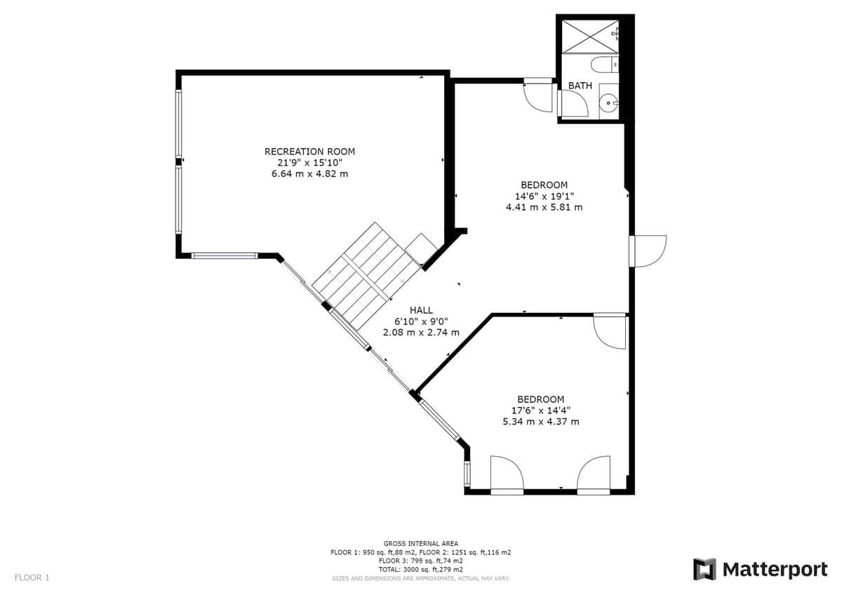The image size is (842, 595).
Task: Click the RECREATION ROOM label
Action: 309,152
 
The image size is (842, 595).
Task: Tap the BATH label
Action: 580,86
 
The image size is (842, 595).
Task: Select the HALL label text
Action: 421,310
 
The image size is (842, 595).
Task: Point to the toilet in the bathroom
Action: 604,65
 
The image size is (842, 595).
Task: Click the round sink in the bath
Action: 608,102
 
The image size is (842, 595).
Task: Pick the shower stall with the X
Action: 590,36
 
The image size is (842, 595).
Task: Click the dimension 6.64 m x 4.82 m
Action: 309,174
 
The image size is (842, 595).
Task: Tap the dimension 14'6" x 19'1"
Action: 544,196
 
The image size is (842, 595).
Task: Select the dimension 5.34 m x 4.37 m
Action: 541,422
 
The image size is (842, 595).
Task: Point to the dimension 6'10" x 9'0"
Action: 421,321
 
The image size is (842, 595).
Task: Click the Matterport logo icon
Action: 704,570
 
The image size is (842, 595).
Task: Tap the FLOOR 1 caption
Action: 32,577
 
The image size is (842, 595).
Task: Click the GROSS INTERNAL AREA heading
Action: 420,544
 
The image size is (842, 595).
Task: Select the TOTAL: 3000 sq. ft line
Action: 420,570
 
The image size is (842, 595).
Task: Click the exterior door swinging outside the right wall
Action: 648,251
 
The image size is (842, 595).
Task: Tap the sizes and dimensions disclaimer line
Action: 420,578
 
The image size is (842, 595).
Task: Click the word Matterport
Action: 775,570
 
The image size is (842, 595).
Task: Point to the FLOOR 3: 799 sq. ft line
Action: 420,561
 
